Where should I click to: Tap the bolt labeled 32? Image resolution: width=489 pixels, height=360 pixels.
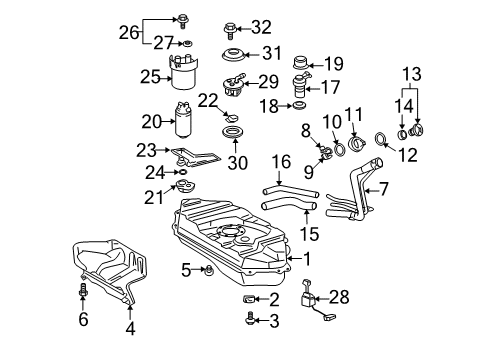pyautogui.click(x=231, y=26)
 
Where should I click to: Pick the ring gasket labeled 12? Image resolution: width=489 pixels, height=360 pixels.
pyautogui.click(x=381, y=138)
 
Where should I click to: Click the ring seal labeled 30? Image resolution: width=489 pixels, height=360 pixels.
pyautogui.click(x=236, y=133)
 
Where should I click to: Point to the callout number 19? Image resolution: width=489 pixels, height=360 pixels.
pyautogui.click(x=334, y=62)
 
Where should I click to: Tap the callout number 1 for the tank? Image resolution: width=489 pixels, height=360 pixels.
pyautogui.click(x=307, y=258)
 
